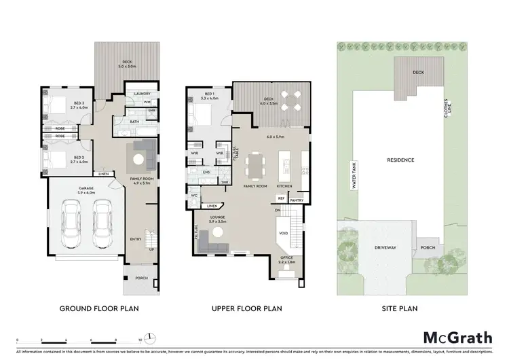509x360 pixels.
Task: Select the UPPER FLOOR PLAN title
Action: click(246, 308)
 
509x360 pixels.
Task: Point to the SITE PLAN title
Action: click(400, 308)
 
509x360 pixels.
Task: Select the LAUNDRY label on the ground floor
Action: click(142, 94)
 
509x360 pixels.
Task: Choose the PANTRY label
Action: click(297, 200)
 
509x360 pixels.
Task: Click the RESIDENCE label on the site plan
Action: click(400, 160)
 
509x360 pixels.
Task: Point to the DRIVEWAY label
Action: click(384, 249)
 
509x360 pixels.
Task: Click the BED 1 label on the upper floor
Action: click(208, 94)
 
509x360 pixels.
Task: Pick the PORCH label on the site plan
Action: click(428, 247)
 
